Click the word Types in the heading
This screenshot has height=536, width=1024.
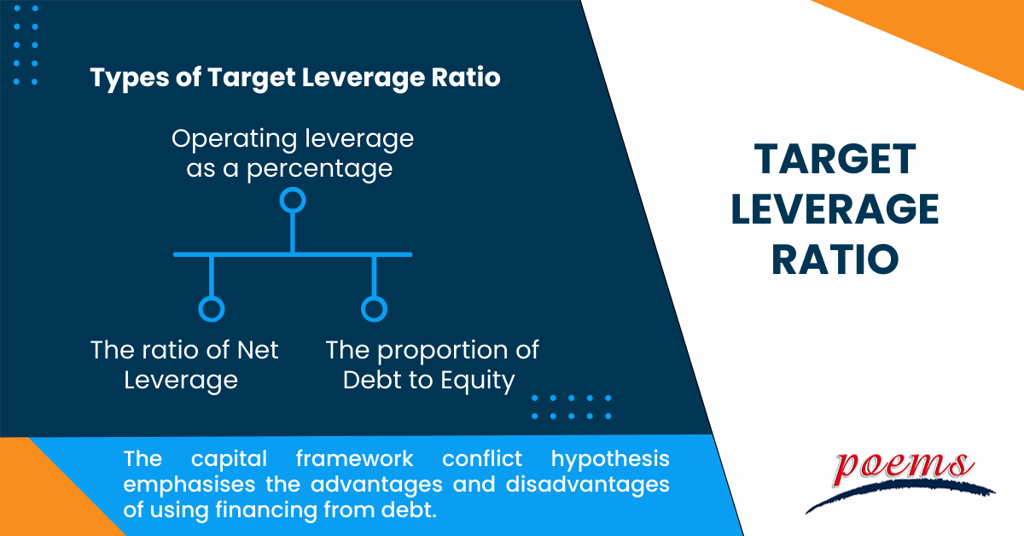(x=130, y=79)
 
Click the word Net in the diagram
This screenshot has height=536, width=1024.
(x=258, y=350)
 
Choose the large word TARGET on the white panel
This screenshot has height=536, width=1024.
(x=835, y=160)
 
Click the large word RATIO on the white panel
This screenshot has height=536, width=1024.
(x=835, y=259)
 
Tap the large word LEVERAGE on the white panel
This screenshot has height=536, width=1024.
(x=835, y=209)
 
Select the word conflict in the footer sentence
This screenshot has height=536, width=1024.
(x=482, y=458)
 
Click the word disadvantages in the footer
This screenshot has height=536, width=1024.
(x=587, y=484)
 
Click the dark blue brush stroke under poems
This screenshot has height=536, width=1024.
(x=900, y=496)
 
